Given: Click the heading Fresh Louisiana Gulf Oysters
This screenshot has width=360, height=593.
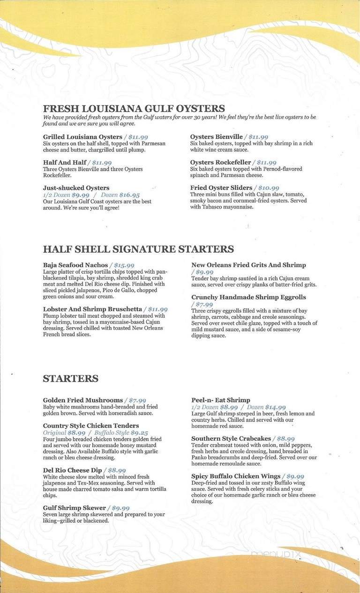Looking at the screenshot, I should point(134,109).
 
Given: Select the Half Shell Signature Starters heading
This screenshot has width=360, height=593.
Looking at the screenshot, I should point(138,249).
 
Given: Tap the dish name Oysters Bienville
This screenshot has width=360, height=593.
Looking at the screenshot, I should point(216,137).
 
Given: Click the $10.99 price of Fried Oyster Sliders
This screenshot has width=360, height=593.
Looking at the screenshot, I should point(269,188).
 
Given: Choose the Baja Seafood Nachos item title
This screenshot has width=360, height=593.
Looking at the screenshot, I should point(75,265).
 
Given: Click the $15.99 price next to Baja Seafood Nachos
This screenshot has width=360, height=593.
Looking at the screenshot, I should point(124,265).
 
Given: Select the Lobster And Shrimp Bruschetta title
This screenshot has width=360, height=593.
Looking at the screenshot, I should point(92,309).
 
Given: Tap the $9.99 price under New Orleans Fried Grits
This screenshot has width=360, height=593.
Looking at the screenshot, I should point(204,272).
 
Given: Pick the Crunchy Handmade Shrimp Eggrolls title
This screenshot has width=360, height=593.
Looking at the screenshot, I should point(248,297).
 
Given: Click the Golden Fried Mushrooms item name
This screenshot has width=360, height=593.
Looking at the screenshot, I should point(82,400).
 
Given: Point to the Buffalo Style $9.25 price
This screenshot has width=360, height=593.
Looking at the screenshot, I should point(121,433).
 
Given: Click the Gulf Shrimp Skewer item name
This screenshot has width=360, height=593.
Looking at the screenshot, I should point(75,508).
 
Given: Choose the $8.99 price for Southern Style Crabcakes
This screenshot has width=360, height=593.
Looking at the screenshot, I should point(285,439).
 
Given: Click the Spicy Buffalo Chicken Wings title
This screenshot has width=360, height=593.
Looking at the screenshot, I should point(236,476).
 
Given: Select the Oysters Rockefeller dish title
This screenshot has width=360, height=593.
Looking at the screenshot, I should point(220,162).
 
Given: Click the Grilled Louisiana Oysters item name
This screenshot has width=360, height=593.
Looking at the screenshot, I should point(82,137).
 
